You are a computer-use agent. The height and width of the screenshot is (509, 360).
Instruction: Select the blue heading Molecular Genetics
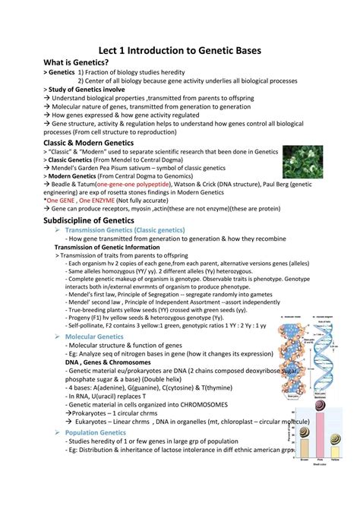(x=94, y=336)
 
